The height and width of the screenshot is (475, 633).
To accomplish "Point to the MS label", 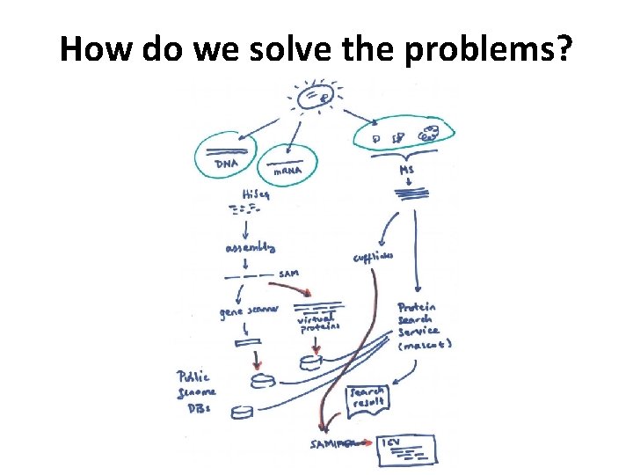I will [407, 169].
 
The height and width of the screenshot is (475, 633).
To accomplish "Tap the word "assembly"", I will [251, 249].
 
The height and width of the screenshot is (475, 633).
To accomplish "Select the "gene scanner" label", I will [249, 312].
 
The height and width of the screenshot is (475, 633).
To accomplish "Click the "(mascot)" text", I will [425, 344].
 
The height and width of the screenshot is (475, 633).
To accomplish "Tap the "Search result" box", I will [369, 398].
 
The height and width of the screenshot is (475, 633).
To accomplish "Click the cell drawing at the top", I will [315, 98].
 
